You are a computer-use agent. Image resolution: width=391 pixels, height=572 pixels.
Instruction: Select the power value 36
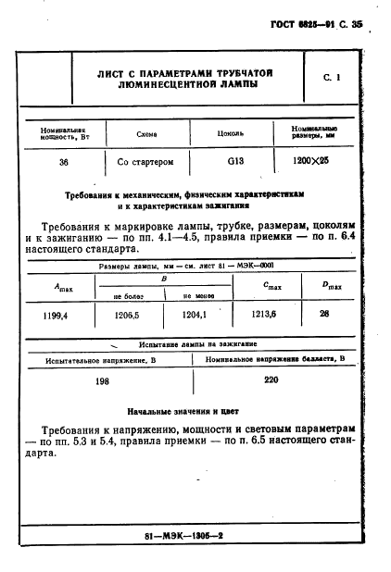pos(63,162)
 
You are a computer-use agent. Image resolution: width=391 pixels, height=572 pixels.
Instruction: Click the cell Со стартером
pos(146,162)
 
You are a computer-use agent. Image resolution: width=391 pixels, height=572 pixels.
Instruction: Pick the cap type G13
pos(236,162)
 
